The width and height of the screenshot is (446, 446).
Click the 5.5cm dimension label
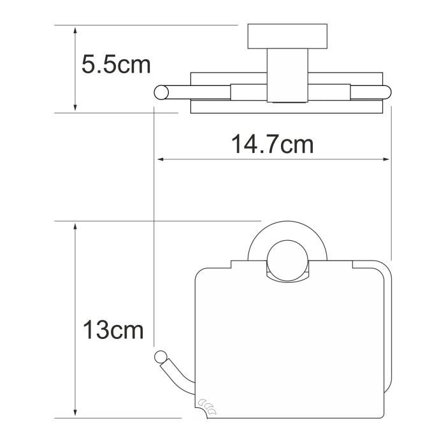click(x=116, y=65)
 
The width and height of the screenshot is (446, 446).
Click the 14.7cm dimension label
click(x=272, y=144)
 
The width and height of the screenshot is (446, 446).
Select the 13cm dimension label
click(x=113, y=329)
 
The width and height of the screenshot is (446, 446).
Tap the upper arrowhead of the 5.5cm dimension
click(x=75, y=31)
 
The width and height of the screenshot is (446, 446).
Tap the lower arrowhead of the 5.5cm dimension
click(x=75, y=106)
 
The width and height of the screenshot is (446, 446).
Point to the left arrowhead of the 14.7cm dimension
click(x=161, y=159)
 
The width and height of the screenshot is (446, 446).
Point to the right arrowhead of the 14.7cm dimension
click(x=385, y=159)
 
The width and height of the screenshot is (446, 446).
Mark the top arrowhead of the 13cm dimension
click(x=75, y=227)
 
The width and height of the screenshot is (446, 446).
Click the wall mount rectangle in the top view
click(x=287, y=36)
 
